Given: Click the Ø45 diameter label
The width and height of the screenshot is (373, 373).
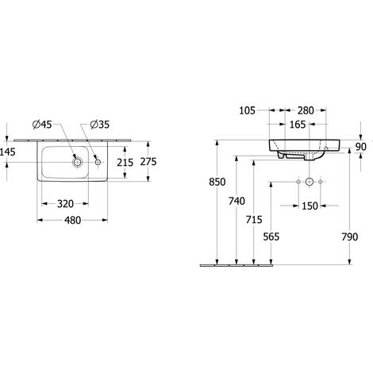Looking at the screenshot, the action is coord(42,125).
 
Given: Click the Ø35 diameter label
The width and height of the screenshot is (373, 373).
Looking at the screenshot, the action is coord(99,125).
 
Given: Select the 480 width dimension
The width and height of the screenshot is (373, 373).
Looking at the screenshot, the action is coord(73,220).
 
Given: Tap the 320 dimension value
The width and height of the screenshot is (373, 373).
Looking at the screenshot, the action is coord(65,204).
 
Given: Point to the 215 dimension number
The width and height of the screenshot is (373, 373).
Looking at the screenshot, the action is coord(125,163).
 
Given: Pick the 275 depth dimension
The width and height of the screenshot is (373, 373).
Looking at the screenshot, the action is coord(148,161).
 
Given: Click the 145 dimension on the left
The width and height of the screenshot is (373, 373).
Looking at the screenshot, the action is coord(8,152).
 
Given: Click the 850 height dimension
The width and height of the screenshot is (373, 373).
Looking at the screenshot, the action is coord(217,182).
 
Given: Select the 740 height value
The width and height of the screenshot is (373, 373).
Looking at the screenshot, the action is coord(236,202).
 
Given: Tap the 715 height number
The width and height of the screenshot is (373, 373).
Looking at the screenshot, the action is coord(254,220).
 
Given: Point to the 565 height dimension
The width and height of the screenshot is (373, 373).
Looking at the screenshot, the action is coord(271,236).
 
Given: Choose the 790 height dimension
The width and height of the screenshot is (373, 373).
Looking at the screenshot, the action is coord(350,236).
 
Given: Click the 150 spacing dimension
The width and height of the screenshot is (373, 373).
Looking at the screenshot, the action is coord(310,206).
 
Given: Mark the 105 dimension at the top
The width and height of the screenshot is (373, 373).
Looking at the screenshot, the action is coord(248,110).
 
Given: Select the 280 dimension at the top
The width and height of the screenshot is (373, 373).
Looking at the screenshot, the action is coord(306,110).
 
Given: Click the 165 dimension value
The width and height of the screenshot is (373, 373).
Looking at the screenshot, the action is coord(298,125).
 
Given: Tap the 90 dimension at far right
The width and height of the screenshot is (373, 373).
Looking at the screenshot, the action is coord(361,147).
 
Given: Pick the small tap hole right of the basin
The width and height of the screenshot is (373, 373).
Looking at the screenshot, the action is coord(98,162).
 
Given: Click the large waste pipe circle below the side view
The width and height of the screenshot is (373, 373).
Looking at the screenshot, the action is coord(310,182).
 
